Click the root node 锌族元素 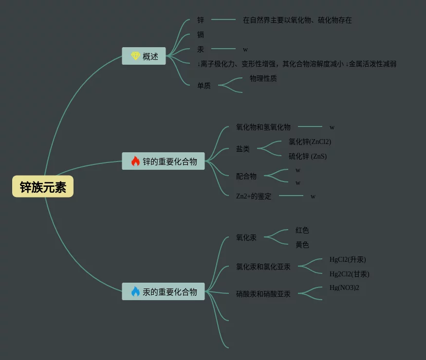[43, 187]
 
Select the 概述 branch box [144, 56]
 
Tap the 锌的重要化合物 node [164, 162]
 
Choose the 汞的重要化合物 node [164, 292]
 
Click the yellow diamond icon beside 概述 [135, 56]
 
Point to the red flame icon [135, 161]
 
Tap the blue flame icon [135, 291]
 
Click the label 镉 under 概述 [201, 35]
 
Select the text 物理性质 [263, 78]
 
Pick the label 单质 [204, 86]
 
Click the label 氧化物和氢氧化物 [263, 127]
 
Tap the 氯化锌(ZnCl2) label [310, 142]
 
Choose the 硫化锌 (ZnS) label [308, 156]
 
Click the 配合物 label [246, 176]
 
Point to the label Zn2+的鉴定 [254, 197]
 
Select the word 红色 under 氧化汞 [302, 230]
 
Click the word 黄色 [302, 245]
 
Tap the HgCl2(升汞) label [348, 259]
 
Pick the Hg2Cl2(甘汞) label [349, 274]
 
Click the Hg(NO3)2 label [344, 288]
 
